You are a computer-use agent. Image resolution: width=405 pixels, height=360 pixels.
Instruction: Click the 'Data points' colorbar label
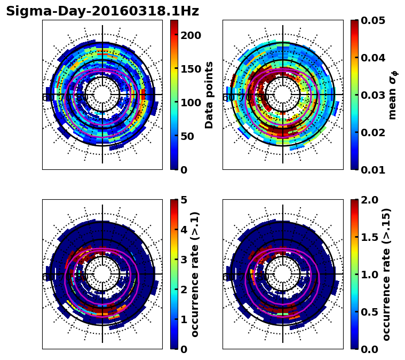click(x=209, y=95)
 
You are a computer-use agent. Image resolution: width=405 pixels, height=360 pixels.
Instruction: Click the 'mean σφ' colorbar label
click(x=393, y=95)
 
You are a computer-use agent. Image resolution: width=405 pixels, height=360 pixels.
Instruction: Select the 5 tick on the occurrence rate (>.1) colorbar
click(x=184, y=200)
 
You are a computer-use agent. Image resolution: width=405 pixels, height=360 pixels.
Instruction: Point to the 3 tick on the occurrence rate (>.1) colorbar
click(x=184, y=260)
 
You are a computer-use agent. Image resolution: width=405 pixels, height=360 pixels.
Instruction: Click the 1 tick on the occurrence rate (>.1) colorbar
click(x=184, y=319)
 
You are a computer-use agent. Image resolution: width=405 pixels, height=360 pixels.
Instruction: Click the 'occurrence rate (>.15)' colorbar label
click(x=387, y=274)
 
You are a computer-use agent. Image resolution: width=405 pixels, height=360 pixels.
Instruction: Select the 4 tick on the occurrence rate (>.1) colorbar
click(x=184, y=230)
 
